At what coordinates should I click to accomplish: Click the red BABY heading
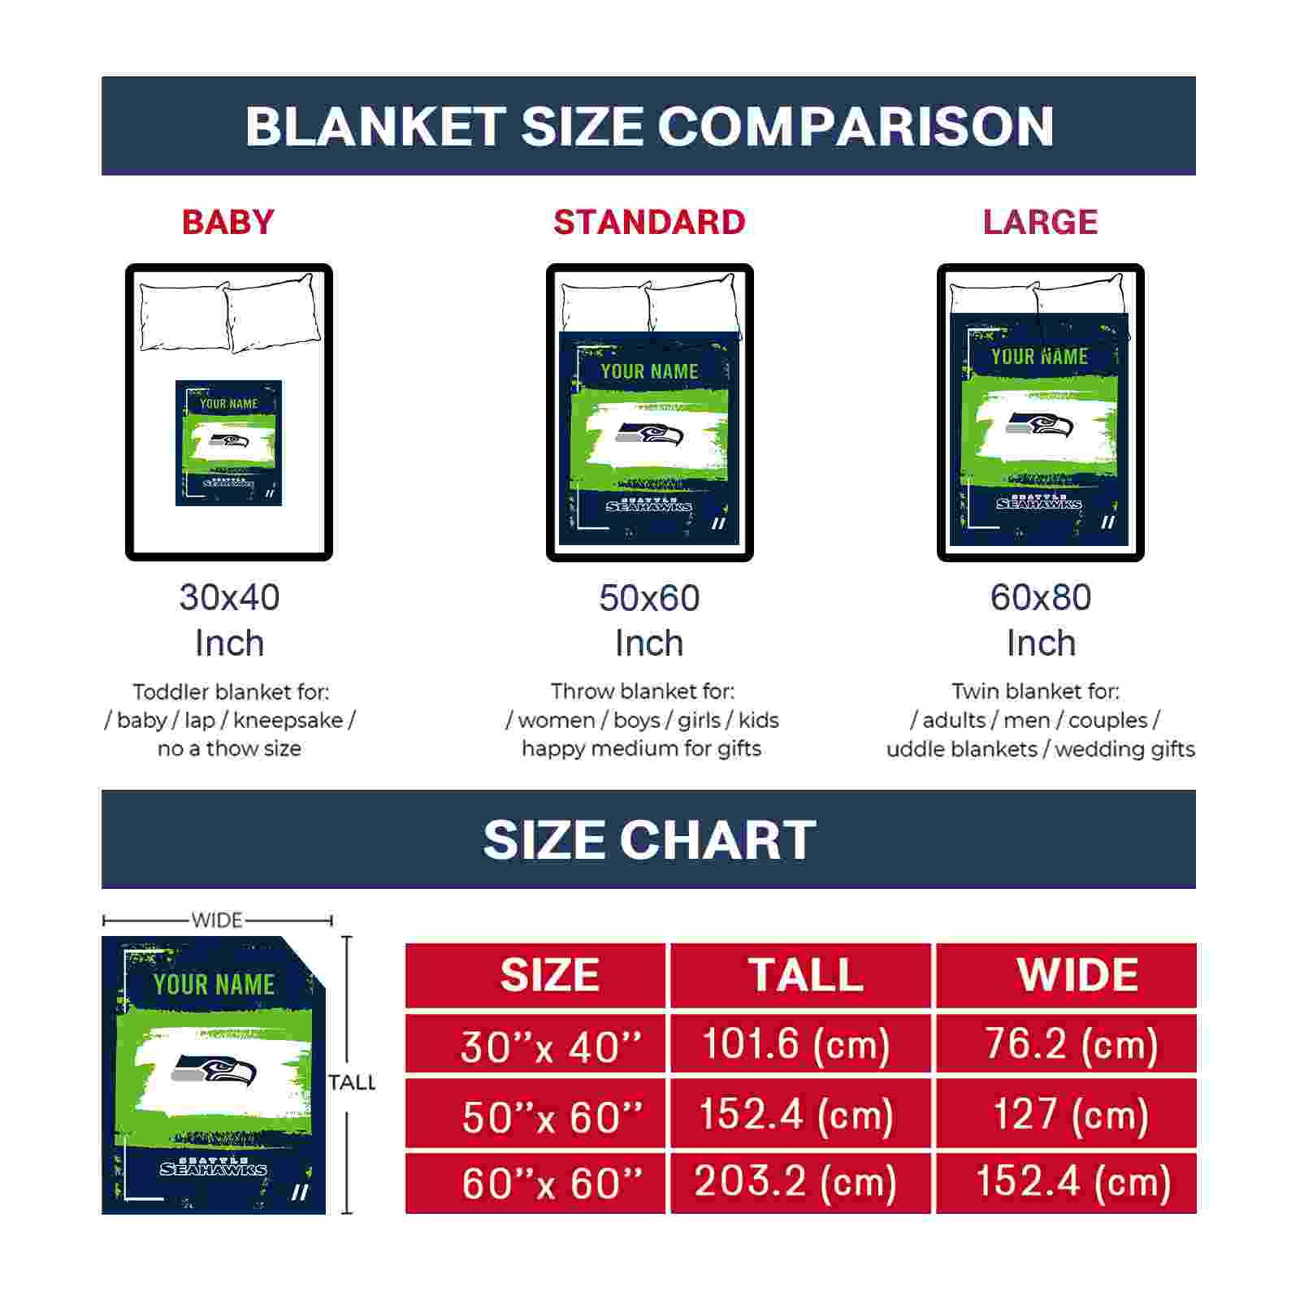(228, 222)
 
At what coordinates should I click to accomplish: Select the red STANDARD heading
(649, 222)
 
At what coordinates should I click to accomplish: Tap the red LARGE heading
(1040, 222)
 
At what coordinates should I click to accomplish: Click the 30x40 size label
(229, 597)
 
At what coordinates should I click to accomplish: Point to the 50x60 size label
(649, 598)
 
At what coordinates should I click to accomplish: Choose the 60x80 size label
(1041, 597)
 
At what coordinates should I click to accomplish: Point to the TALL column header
(805, 975)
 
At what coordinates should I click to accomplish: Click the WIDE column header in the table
(1077, 975)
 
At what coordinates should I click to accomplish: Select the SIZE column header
(550, 975)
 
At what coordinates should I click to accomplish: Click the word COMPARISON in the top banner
(856, 127)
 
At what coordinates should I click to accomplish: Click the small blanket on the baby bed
(228, 443)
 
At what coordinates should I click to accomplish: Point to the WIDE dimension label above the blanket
(217, 920)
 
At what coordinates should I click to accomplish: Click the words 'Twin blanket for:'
(1035, 691)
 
